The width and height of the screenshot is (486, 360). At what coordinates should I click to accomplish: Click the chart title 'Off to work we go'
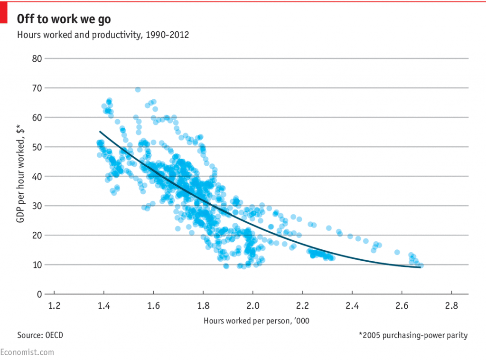point(65,19)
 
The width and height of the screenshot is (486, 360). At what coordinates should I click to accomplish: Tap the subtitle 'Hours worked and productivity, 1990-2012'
point(103,35)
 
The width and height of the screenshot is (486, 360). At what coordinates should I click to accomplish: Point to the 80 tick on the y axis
point(37,58)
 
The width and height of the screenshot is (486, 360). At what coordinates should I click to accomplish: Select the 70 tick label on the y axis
point(37,88)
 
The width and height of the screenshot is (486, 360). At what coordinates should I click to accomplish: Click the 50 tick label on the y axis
point(37,147)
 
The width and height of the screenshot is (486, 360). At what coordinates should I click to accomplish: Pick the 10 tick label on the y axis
point(37,265)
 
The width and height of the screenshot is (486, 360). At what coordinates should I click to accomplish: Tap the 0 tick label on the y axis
point(39,294)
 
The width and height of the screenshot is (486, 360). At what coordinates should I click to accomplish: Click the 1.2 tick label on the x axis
point(54,305)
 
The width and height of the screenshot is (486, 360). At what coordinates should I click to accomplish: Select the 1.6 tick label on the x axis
point(153,305)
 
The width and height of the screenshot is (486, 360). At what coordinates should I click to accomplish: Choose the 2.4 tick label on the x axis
point(352,305)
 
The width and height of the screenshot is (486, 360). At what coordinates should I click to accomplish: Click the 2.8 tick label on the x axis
point(451,305)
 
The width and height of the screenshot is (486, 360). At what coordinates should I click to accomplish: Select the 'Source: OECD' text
point(40,335)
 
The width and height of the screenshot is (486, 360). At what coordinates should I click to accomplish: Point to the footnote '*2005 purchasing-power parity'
point(413,335)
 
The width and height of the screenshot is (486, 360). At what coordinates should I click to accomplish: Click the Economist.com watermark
point(27,352)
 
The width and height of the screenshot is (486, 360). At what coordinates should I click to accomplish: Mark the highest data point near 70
point(138,90)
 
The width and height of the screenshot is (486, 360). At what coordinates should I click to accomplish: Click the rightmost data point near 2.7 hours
point(421,265)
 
